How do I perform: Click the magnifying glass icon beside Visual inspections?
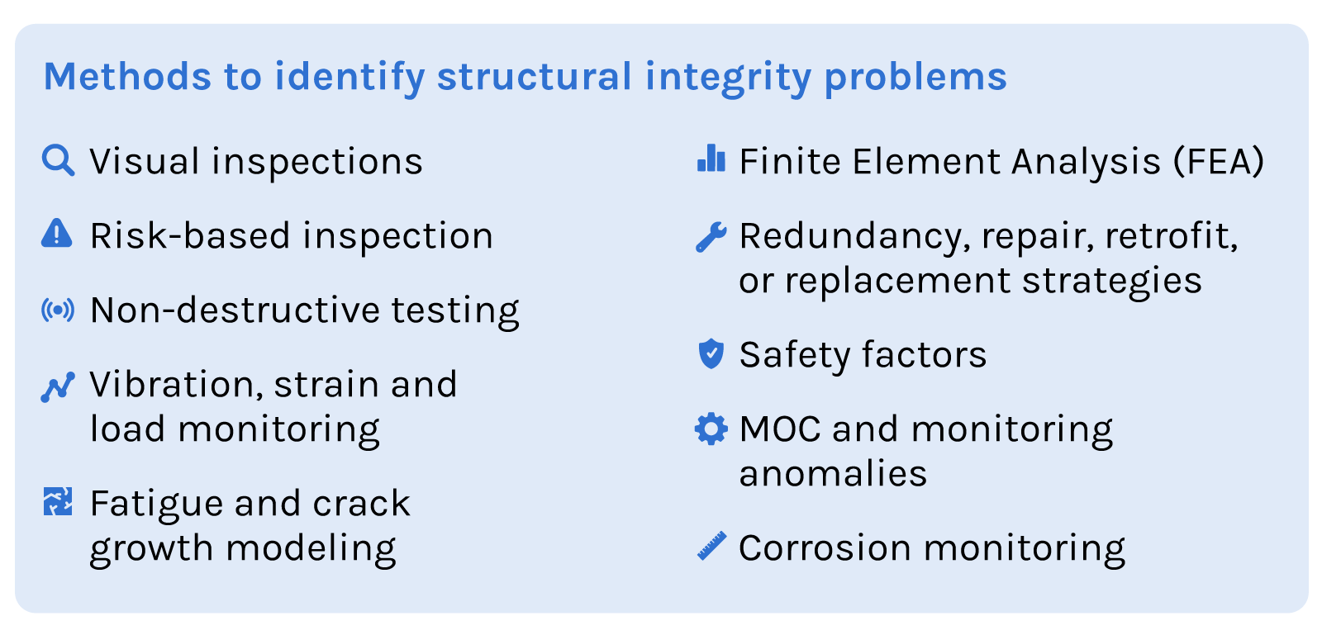coord(58,160)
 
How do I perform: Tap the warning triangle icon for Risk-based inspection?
coord(56,234)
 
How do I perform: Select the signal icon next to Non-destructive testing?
coord(58,310)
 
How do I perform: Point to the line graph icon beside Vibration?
coord(58,386)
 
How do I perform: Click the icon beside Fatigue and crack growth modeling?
coord(58,501)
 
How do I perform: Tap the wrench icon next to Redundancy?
coord(711,237)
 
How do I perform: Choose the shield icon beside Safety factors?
coord(711,353)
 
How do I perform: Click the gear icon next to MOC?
coord(711,429)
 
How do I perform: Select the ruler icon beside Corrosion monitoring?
coord(711,546)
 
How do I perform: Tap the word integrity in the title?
coord(728,77)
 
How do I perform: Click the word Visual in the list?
coord(145,162)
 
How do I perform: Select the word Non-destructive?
coord(235,310)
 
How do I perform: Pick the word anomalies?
coord(833,474)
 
